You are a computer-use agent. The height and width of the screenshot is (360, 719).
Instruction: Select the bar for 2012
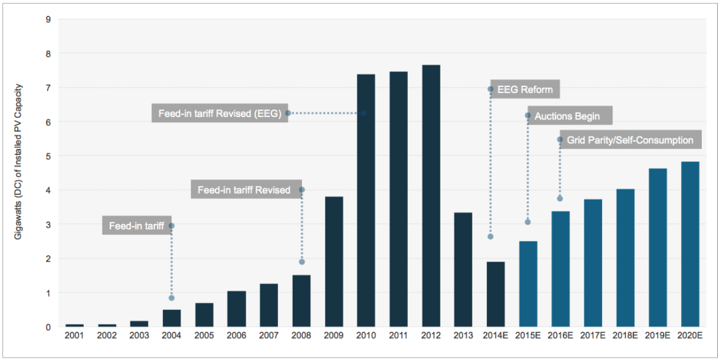coord(431,196)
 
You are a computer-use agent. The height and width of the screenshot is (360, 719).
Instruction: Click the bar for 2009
coord(334,261)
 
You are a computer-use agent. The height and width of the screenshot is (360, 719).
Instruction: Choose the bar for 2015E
coord(528,283)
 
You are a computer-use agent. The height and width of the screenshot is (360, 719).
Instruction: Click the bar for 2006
coord(236,309)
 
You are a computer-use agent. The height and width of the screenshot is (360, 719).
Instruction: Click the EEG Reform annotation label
coord(525,89)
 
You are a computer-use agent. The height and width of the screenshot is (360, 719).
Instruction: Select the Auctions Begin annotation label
coord(567,116)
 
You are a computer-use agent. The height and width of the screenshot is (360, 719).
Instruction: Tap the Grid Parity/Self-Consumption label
coord(630,140)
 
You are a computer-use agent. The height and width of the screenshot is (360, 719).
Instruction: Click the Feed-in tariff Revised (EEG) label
coord(219,113)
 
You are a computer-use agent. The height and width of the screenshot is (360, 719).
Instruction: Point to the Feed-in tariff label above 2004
coord(137,226)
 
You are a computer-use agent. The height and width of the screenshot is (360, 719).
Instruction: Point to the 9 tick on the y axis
coord(48,19)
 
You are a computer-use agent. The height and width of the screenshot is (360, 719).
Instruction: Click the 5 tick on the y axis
coord(48,156)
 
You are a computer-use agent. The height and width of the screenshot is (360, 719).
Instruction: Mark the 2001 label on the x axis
coord(75,336)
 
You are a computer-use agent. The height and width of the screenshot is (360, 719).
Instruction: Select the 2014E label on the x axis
coord(495,336)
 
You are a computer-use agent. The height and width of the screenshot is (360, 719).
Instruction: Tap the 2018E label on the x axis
coord(625,336)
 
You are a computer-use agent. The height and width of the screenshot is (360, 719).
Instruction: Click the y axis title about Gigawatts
coord(19,171)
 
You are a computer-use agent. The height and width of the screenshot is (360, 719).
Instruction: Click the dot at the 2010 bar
coord(363,113)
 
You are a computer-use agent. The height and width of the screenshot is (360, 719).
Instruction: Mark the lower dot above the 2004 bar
coord(171,298)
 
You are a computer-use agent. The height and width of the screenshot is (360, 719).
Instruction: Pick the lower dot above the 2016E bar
coord(560,198)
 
